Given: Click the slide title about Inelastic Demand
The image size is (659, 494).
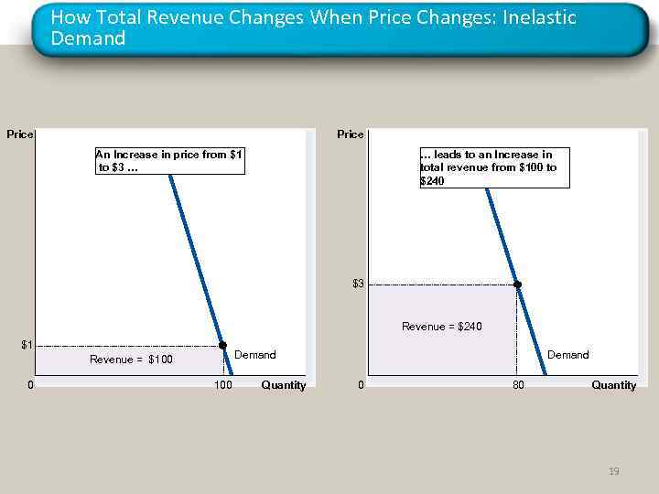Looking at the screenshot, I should tap(314, 28).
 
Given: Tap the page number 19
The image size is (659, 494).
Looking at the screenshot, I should tap(613, 471).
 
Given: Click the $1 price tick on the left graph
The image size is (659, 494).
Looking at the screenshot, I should tap(27, 345).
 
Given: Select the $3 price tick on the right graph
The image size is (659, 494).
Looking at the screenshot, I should tap(358, 284).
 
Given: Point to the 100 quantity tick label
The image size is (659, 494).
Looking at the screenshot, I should tap(222, 385).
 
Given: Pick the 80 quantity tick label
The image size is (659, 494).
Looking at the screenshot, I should tap(518, 385).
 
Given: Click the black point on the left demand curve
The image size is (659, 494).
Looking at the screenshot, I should tap(222, 345).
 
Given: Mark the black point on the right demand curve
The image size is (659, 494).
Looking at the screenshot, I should tap(517, 285).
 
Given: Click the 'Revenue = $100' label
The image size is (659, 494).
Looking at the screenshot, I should tap(131, 360).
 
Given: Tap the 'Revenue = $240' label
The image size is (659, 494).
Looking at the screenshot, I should tap(442, 327).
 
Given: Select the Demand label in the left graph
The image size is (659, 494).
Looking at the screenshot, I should tap(254, 355).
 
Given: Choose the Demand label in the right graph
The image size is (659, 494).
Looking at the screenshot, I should tap(567, 355).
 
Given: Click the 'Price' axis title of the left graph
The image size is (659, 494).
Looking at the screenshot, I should tap(19, 134).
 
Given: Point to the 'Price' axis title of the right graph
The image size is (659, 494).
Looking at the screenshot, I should tap(350, 134).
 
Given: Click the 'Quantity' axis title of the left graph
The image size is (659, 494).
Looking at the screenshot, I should tap(283, 385).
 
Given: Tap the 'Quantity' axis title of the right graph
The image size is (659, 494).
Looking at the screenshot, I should tap(613, 385).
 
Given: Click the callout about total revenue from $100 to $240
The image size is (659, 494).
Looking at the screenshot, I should tap(493, 167).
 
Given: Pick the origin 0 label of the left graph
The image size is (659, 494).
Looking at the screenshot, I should tap(31, 385).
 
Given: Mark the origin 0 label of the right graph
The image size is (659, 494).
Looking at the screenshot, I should tap(361, 385).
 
